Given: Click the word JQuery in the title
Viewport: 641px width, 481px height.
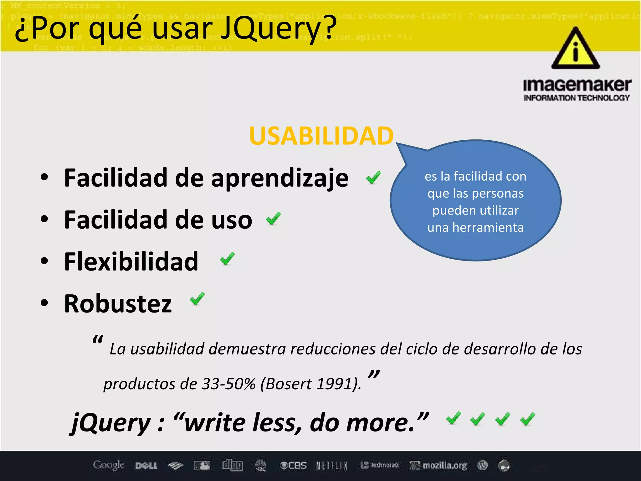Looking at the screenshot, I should (x=279, y=29).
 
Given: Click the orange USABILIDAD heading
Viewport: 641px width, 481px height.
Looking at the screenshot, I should (x=321, y=136).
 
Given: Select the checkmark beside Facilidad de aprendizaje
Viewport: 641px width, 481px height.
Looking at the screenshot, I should (x=373, y=178).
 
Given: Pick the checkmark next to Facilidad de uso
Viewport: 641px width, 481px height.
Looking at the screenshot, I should (x=273, y=219).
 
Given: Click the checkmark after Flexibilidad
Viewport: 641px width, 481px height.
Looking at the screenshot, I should (x=227, y=259).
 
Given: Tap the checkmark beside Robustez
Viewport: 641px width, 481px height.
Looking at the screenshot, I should (x=197, y=299).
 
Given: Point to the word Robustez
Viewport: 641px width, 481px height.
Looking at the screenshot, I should (x=118, y=303).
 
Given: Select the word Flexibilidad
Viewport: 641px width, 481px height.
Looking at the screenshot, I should (x=131, y=261).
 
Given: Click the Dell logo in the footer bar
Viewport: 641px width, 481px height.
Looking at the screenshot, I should (x=146, y=466).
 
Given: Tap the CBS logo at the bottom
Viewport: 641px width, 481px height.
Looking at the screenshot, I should (x=293, y=466).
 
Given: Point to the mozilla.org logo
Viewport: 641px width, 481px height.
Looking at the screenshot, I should (x=439, y=466).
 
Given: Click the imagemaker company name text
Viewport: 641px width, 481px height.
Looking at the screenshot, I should (x=577, y=85).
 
